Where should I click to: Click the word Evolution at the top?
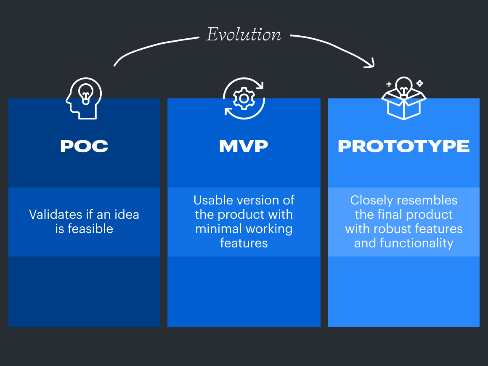[x=244, y=34]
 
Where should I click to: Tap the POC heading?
[x=84, y=146]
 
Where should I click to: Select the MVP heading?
[x=244, y=146]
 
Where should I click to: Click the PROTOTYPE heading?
[x=403, y=146]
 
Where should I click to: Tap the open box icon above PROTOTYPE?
[x=403, y=104]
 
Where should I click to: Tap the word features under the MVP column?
[x=244, y=243]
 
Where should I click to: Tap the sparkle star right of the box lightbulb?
[x=419, y=83]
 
